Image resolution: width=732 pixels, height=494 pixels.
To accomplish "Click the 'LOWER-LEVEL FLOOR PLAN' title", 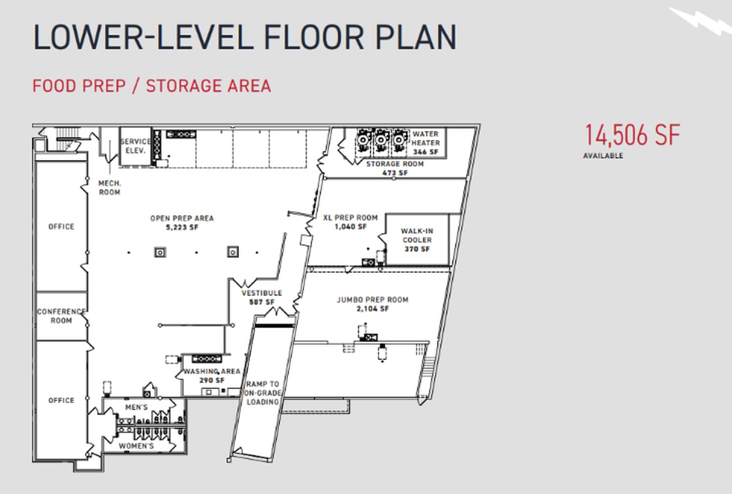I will pyautogui.click(x=245, y=37).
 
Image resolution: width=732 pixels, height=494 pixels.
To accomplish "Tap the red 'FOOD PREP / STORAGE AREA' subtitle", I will pyautogui.click(x=151, y=86).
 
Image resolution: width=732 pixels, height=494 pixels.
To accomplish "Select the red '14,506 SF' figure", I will pyautogui.click(x=632, y=135).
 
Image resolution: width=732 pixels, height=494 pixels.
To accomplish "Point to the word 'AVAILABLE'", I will pyautogui.click(x=603, y=156).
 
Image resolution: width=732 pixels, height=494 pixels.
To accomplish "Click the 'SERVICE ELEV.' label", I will pyautogui.click(x=135, y=146).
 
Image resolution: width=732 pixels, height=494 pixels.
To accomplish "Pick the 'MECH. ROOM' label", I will pyautogui.click(x=109, y=188).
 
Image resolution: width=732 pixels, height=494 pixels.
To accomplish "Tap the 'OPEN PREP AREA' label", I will pyautogui.click(x=182, y=218).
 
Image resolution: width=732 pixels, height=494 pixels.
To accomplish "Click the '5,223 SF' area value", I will pyautogui.click(x=182, y=227).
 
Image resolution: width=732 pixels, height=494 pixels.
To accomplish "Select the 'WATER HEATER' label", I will pyautogui.click(x=425, y=138).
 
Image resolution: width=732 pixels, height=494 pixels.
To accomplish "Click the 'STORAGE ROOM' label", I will pyautogui.click(x=395, y=164).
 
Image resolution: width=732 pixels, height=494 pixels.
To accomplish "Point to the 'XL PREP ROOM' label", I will pyautogui.click(x=350, y=218).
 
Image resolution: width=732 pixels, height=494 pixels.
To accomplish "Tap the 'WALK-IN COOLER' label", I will pyautogui.click(x=417, y=235).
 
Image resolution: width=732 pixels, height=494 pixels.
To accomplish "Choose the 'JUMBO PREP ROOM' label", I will pyautogui.click(x=373, y=300).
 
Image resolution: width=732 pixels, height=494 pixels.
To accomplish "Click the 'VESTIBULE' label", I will pyautogui.click(x=262, y=293).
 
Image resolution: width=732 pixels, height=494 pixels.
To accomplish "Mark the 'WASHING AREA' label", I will pyautogui.click(x=212, y=371).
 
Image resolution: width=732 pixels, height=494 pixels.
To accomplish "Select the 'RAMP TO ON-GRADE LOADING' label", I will pyautogui.click(x=262, y=393).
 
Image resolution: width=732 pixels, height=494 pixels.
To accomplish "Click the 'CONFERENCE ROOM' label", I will pyautogui.click(x=61, y=316).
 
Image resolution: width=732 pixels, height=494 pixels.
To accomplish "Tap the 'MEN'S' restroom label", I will pyautogui.click(x=136, y=407).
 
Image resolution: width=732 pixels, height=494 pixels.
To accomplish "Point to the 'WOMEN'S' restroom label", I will pyautogui.click(x=136, y=445).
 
